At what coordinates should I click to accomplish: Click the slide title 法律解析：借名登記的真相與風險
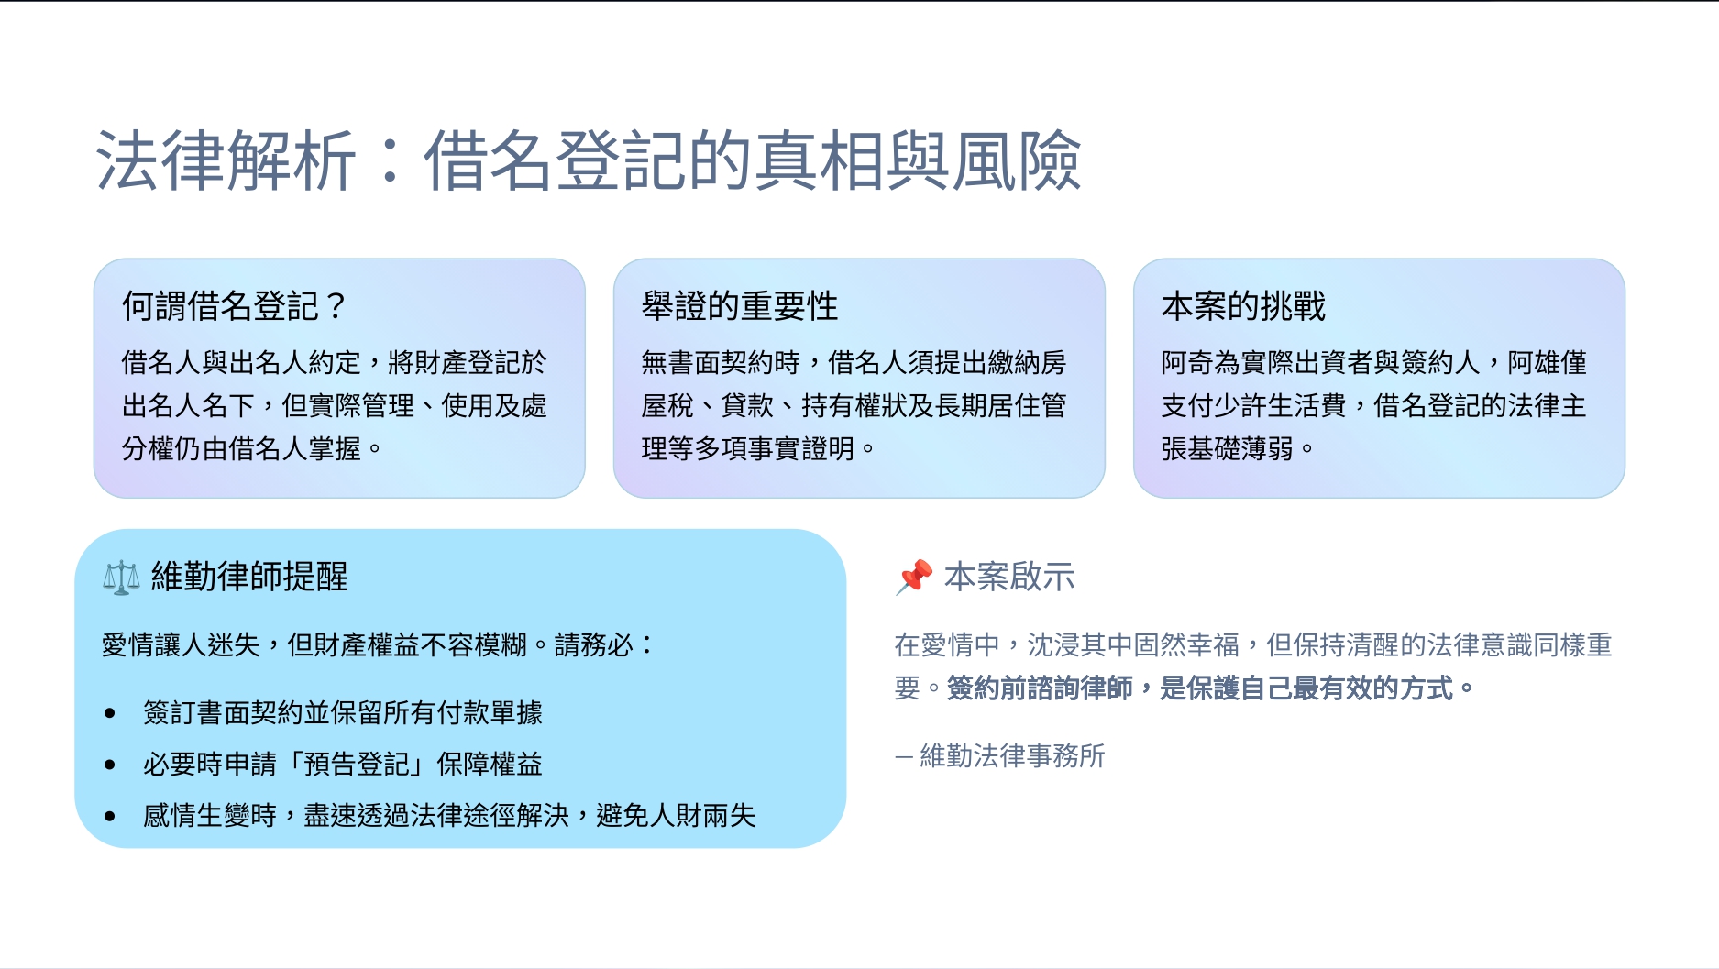point(589,160)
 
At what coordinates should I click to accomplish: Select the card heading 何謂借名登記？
point(235,306)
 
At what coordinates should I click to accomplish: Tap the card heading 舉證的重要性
point(740,306)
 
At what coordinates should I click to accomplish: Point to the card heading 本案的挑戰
point(1243,306)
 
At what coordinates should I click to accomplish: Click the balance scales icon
point(121,578)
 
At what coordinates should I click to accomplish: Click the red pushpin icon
point(914,578)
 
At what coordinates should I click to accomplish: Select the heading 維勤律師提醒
point(249,577)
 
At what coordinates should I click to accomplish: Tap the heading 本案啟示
point(1009,577)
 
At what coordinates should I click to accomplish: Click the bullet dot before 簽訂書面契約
point(110,713)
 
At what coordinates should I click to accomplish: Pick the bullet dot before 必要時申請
point(110,765)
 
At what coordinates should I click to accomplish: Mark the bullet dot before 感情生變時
point(110,816)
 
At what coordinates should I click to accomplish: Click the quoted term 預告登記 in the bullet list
point(356,764)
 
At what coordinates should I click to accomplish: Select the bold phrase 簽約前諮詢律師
point(1040,688)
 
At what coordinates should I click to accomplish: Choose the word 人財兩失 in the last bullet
point(702,815)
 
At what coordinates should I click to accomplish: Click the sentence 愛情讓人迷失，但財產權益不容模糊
point(314,644)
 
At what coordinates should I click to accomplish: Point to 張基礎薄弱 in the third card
point(1228,448)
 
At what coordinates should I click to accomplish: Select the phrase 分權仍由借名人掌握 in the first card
point(241,448)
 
